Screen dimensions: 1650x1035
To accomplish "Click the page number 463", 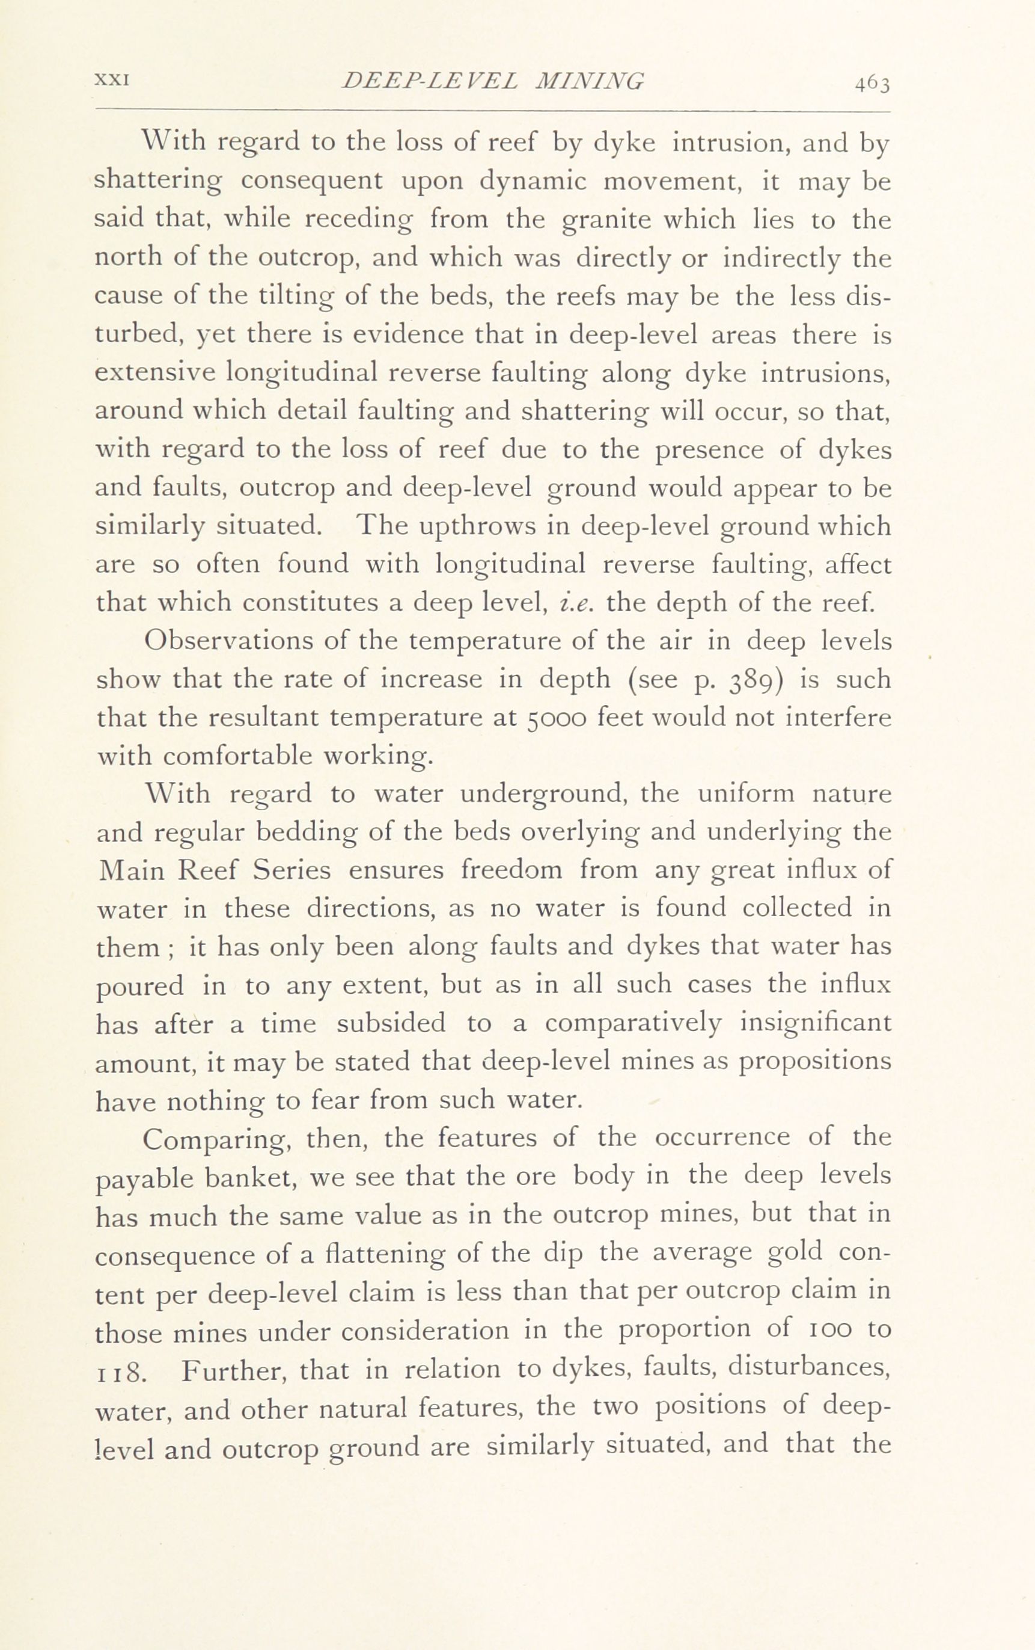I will [871, 84].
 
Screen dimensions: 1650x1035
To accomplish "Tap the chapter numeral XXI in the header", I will [112, 80].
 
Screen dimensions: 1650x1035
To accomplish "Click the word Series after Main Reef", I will [292, 870].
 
